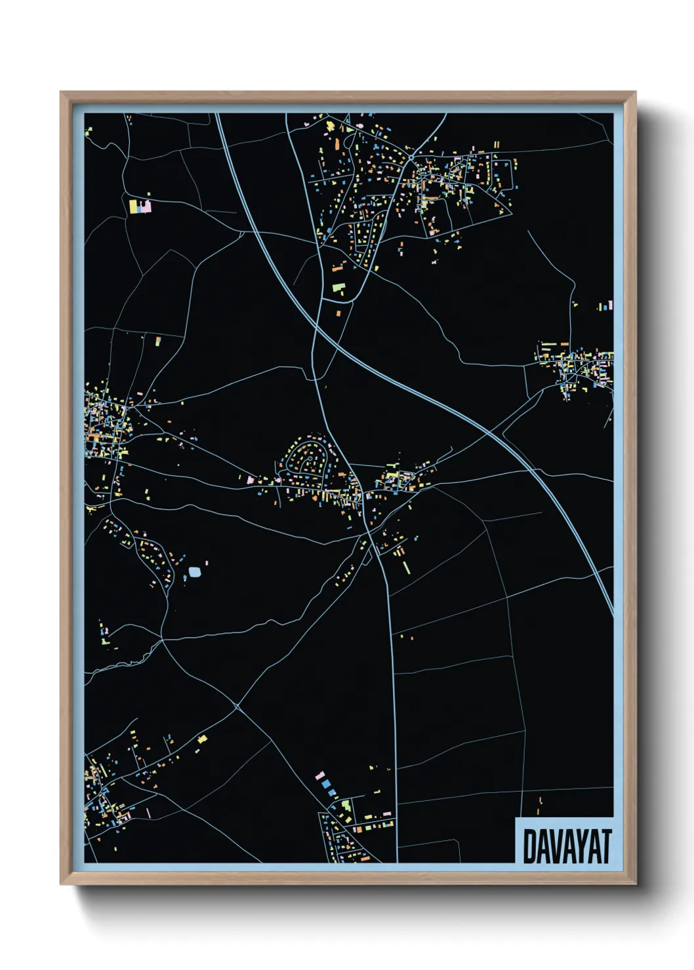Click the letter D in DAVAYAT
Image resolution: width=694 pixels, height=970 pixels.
tap(529, 847)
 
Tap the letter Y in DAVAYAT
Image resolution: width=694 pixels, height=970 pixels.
tap(581, 847)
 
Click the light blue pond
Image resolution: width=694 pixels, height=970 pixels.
tap(194, 572)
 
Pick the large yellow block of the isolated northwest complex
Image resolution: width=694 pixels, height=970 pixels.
tap(133, 206)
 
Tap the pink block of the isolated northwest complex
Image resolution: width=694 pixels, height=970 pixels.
tap(146, 207)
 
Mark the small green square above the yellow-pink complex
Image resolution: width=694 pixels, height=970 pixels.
tap(149, 194)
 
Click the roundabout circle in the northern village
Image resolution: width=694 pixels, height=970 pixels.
tap(411, 159)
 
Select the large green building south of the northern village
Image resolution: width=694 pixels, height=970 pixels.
tap(338, 287)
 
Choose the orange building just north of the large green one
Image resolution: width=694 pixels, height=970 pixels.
tap(338, 267)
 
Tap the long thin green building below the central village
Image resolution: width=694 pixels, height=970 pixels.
tap(407, 566)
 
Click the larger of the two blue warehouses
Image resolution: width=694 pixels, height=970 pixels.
tap(326, 784)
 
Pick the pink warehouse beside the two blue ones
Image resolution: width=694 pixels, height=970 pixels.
tap(320, 775)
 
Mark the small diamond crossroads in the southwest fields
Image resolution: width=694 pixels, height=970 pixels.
tap(236, 707)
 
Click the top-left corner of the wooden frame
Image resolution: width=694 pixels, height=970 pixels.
tap(61, 92)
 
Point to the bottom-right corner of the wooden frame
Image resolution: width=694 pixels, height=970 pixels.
tap(635, 884)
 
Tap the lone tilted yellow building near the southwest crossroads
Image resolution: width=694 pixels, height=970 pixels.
tap(202, 739)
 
